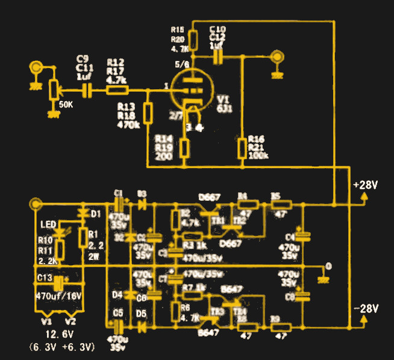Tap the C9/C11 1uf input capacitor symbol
point(88,90)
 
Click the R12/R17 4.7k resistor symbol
point(117,90)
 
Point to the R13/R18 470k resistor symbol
point(148,112)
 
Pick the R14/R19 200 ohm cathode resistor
point(185,148)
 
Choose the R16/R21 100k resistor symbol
point(242,148)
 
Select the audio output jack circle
point(277,57)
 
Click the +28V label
point(365,185)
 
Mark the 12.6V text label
point(59,334)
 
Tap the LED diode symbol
point(60,230)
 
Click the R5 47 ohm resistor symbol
point(281,204)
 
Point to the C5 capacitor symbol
point(119,326)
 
